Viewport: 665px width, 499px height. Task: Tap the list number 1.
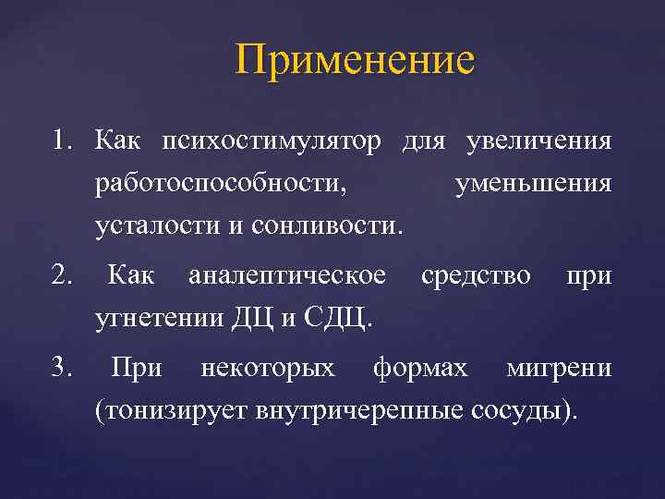[61, 142]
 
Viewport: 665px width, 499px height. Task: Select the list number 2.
[62, 275]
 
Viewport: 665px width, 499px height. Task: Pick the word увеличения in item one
[539, 142]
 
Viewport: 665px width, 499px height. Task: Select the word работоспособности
[221, 184]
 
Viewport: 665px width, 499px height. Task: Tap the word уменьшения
[533, 184]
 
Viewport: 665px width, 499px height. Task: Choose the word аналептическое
[286, 275]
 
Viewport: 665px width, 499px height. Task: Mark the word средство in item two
[476, 275]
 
